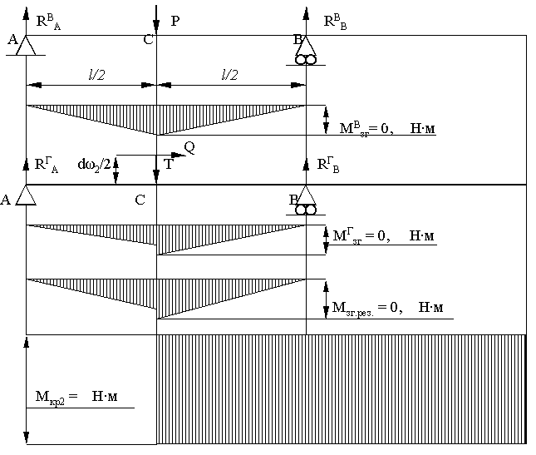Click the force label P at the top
[x=175, y=21]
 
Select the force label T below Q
[x=169, y=164]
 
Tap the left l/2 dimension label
[x=96, y=75]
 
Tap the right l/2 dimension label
[x=230, y=75]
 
